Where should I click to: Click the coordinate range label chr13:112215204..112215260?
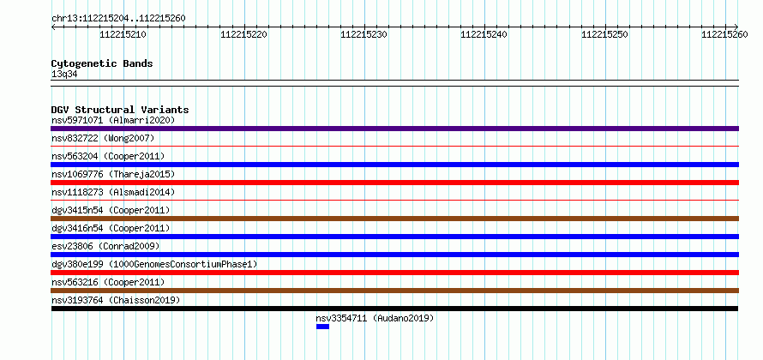118,19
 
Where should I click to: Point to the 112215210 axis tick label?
123,34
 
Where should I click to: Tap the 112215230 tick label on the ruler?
363,34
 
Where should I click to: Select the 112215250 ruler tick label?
605,34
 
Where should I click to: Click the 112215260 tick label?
724,34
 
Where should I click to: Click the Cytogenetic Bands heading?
102,63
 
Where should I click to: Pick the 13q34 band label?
64,75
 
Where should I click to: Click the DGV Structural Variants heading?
120,110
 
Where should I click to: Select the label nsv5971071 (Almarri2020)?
113,120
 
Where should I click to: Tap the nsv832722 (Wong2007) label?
103,138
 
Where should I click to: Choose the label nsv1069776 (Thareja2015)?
113,174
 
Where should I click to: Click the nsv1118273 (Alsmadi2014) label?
113,192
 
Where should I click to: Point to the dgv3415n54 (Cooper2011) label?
111,210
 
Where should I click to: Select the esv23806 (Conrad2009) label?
105,246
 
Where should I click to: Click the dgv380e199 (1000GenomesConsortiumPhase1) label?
154,264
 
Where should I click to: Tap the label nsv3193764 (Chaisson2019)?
116,300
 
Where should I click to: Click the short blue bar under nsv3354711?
322,327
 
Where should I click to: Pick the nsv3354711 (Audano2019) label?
375,318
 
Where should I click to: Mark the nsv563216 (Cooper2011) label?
108,282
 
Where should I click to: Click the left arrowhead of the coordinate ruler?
52,27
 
